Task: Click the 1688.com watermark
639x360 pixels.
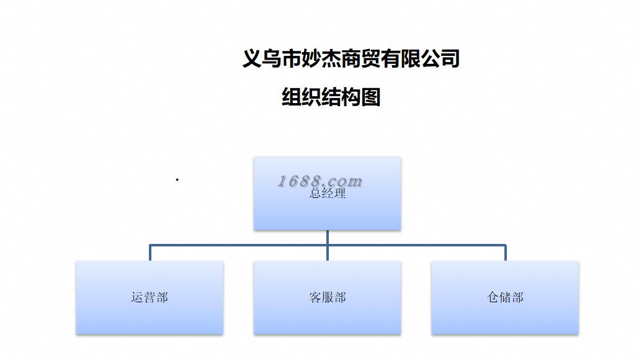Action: click(x=319, y=181)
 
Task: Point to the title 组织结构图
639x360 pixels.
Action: click(x=331, y=97)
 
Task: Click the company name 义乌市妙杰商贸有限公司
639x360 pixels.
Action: click(x=351, y=59)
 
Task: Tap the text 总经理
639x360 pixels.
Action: click(x=328, y=194)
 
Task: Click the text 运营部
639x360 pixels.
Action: click(x=150, y=297)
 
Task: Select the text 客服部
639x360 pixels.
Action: click(x=327, y=297)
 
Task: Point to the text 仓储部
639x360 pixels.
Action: click(x=505, y=297)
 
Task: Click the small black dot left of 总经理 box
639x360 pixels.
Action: click(x=177, y=180)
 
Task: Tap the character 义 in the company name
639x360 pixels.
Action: click(x=251, y=59)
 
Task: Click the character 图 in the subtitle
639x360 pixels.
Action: click(x=370, y=97)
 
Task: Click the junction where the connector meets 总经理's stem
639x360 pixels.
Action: click(x=328, y=245)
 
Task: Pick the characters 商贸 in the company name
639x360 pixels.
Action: click(x=360, y=59)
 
